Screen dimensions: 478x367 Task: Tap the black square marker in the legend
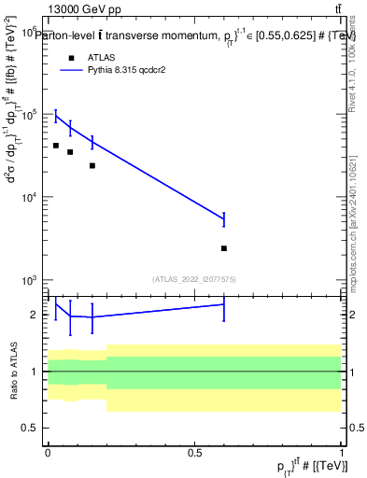pos(71,57)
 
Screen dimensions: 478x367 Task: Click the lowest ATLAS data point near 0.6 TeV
pos(224,248)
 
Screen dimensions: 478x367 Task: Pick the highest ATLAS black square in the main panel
pos(56,146)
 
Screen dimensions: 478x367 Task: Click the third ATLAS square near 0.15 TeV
pos(92,165)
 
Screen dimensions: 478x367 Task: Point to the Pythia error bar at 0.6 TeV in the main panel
pos(224,219)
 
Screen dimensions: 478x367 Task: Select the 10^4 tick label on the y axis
pos(29,197)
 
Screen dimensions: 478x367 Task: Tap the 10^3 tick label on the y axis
pos(29,280)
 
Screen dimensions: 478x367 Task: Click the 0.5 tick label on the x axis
pos(194,452)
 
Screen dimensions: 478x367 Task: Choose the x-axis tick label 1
pos(342,452)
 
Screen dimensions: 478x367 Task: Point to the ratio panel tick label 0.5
pos(31,429)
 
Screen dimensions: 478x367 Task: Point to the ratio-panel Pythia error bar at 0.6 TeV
pos(224,304)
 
